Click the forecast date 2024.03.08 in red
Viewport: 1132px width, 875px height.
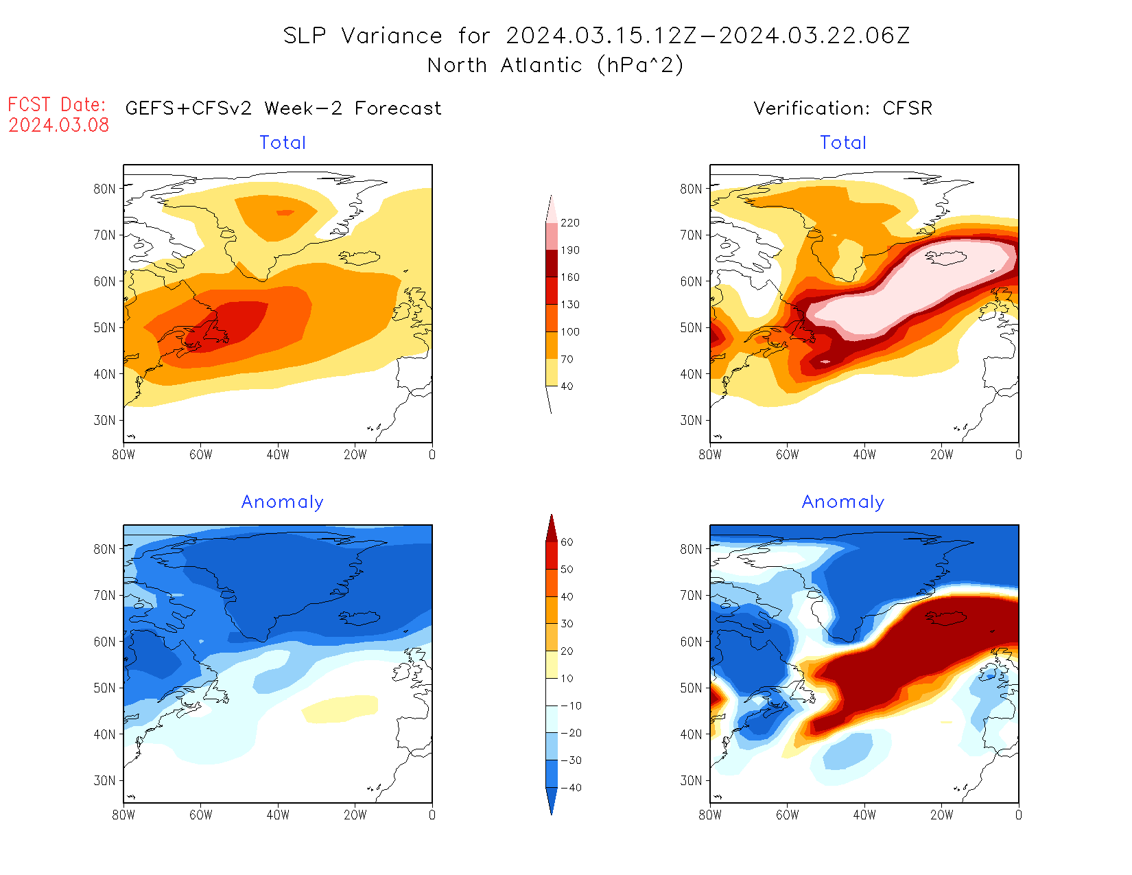tap(59, 125)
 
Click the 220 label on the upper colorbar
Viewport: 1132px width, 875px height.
tap(569, 223)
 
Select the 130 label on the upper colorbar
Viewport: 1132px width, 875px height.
tap(569, 305)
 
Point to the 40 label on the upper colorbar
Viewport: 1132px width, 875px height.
tap(567, 386)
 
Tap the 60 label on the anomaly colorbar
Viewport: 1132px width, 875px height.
tap(567, 542)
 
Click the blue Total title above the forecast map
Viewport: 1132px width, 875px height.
tap(283, 143)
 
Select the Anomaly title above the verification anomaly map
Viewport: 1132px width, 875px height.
tap(843, 502)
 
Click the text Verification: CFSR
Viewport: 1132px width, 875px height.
tap(842, 108)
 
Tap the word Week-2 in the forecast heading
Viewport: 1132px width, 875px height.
tap(303, 108)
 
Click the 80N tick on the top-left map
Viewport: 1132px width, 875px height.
tap(105, 189)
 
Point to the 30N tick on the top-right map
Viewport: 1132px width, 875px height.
tap(692, 420)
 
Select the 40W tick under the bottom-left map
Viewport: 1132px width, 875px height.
tap(278, 815)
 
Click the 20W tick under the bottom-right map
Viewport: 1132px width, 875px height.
tap(941, 815)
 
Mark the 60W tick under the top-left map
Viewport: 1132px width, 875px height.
tap(201, 455)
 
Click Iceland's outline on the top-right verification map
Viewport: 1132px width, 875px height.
tap(947, 257)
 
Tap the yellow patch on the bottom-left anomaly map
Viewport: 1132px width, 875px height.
tap(341, 708)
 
